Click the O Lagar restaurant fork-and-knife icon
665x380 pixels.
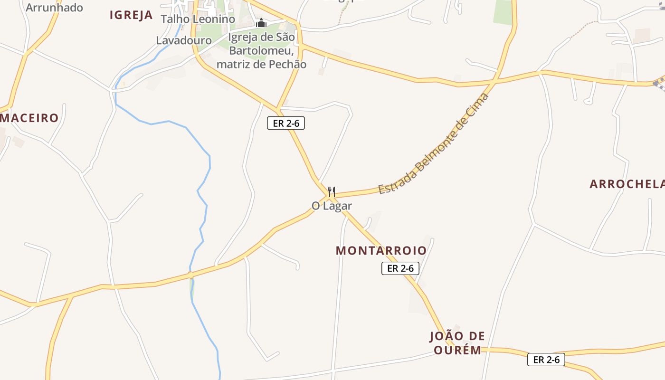tap(332, 192)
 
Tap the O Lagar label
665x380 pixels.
tap(332, 206)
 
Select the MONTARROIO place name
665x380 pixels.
tap(381, 250)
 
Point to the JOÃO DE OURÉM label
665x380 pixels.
tap(457, 343)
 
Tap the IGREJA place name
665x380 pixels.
tap(131, 15)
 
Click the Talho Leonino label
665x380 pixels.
tap(198, 19)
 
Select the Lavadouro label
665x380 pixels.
tap(184, 40)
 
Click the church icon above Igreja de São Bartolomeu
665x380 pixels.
tap(261, 23)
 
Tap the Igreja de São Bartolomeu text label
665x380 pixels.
tap(261, 50)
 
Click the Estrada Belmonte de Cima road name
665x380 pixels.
tap(433, 144)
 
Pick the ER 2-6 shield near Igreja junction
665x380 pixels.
tap(285, 123)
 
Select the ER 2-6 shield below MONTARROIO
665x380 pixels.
tap(400, 268)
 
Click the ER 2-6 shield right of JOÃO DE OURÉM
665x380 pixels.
tap(546, 360)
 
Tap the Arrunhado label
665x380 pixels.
tap(54, 7)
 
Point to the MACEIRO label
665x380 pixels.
tap(29, 118)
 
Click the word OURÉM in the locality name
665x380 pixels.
tap(457, 350)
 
